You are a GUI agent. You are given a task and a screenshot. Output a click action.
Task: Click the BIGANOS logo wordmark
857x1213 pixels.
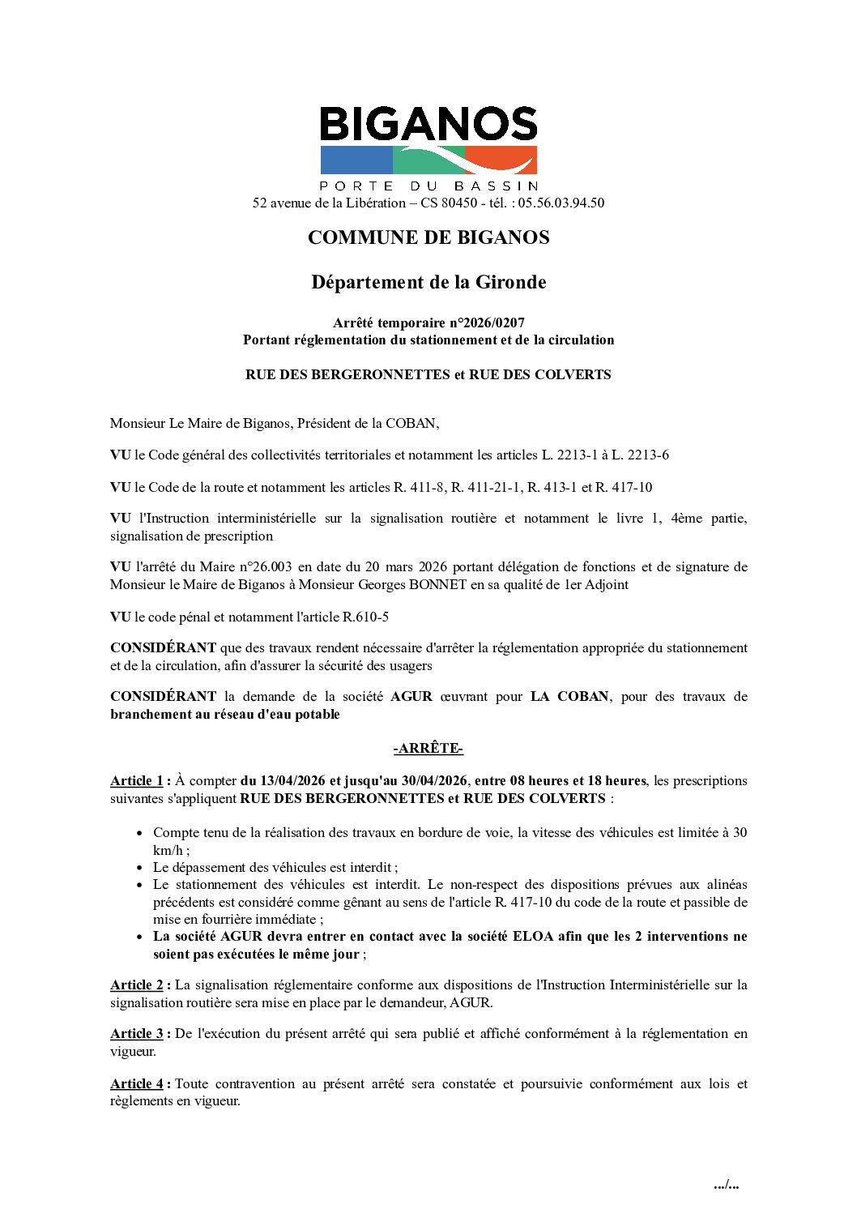(x=428, y=124)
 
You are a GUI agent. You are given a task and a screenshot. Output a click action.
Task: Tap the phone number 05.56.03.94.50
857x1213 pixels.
(x=561, y=203)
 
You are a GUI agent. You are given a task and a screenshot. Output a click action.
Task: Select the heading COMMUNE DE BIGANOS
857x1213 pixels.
(x=428, y=237)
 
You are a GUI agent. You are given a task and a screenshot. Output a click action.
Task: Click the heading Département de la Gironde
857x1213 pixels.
(x=428, y=282)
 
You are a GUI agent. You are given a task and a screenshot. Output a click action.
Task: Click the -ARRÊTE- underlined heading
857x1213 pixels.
(x=428, y=748)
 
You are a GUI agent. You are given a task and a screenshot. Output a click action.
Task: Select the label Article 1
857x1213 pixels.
(x=137, y=781)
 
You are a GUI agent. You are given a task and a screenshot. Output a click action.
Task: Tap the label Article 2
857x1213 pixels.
(x=137, y=985)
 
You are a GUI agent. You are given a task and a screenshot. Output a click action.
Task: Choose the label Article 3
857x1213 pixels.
(x=137, y=1034)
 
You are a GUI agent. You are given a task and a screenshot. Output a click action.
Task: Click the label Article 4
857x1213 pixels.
(x=137, y=1084)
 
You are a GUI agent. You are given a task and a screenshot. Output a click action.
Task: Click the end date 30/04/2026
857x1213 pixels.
(x=434, y=781)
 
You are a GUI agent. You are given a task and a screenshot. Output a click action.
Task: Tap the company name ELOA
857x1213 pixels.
(x=533, y=937)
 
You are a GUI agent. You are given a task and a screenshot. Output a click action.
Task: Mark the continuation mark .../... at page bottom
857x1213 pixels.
(x=726, y=1185)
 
